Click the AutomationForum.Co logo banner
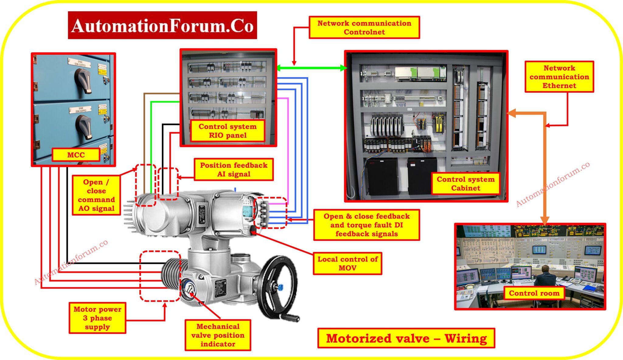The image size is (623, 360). [x=162, y=25]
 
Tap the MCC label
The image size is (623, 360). [x=76, y=155]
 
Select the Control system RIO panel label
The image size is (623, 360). [x=228, y=131]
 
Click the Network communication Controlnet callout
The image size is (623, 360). [x=364, y=27]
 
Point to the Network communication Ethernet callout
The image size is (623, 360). [x=559, y=77]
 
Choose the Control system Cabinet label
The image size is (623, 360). [x=465, y=183]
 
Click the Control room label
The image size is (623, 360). [x=534, y=293]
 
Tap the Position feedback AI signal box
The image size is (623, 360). [x=234, y=169]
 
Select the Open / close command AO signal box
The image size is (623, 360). [x=96, y=195]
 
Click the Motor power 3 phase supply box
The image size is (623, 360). [x=97, y=318]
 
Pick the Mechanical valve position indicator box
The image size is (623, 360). [x=218, y=335]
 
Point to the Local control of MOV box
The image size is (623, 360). [x=347, y=263]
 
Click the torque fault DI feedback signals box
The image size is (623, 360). [x=367, y=225]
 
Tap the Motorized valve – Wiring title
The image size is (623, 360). [x=406, y=338]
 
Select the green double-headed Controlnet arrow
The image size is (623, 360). [x=311, y=68]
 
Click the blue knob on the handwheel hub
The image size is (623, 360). [x=280, y=287]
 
